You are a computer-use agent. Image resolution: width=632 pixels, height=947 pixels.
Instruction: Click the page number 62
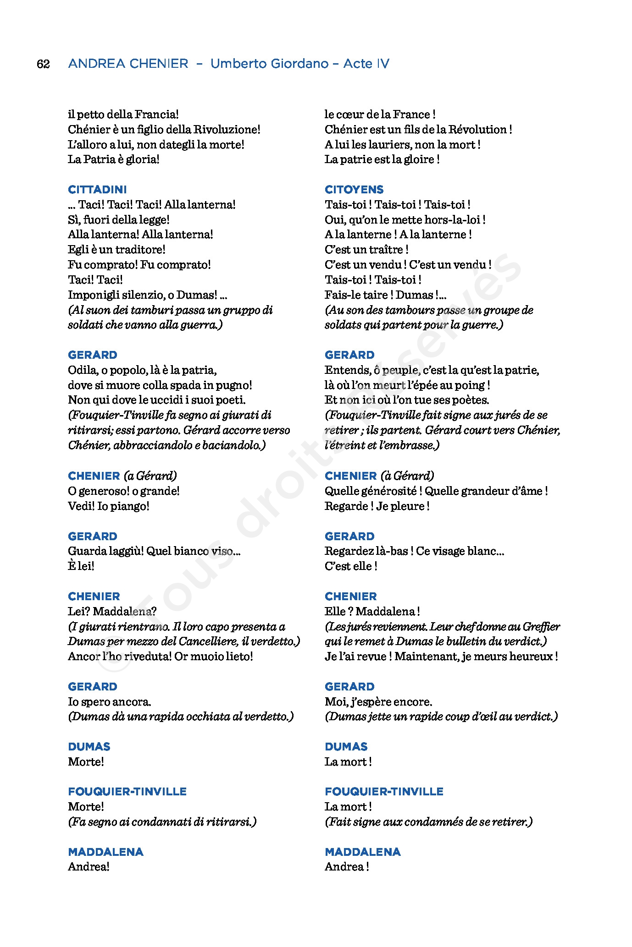[x=43, y=64]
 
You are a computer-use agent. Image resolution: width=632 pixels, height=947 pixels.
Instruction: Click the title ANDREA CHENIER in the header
[x=128, y=64]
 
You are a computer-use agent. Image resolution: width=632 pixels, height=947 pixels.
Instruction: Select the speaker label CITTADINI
[x=97, y=190]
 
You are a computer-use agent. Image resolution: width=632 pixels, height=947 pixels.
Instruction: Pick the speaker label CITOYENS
[x=354, y=190]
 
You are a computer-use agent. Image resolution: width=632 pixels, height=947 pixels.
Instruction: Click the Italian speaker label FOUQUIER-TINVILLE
[x=127, y=792]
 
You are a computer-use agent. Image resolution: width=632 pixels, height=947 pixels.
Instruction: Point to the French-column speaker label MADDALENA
[x=362, y=852]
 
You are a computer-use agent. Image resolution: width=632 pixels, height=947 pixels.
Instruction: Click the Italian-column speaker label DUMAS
[x=89, y=747]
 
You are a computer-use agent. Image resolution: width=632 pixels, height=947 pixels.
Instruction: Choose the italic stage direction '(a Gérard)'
[x=150, y=476]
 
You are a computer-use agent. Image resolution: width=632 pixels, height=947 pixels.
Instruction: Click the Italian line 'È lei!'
[x=81, y=566]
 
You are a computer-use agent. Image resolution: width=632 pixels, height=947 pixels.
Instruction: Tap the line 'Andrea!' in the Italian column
[x=89, y=867]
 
